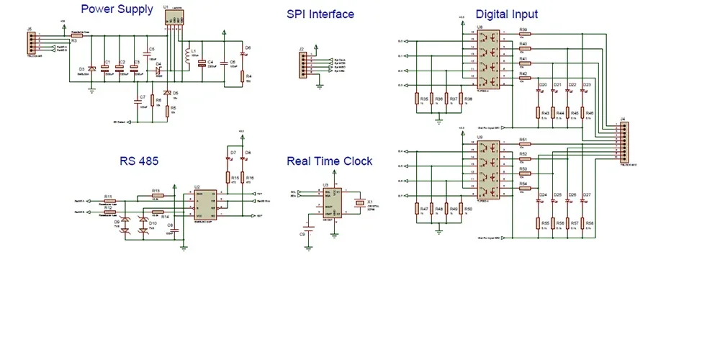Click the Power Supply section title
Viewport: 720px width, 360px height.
click(x=117, y=9)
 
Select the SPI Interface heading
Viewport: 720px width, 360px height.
click(x=320, y=14)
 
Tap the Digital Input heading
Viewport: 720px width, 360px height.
click(x=506, y=14)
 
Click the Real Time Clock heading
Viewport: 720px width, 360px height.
click(x=329, y=161)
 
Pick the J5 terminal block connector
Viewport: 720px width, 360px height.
click(x=30, y=44)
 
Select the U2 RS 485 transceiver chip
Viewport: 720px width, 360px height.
click(x=205, y=204)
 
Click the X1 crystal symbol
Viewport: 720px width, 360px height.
click(x=361, y=203)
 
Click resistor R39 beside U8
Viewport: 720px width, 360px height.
click(x=524, y=35)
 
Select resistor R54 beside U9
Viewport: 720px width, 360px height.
click(x=524, y=189)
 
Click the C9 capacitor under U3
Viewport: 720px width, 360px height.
click(x=309, y=233)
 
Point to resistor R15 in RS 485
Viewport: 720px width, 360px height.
click(x=228, y=177)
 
